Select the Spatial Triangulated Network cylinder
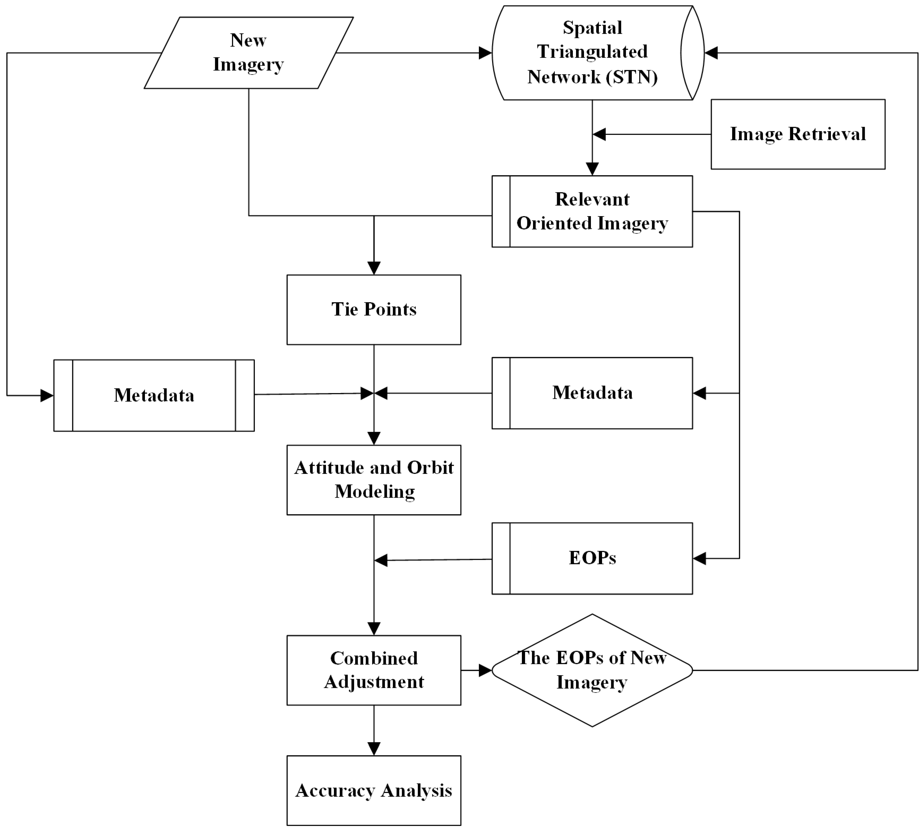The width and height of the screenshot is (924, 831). point(592,52)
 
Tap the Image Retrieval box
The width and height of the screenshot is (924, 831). point(798,134)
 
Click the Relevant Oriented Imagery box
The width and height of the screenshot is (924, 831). point(592,211)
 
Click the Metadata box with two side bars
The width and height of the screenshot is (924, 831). point(154,395)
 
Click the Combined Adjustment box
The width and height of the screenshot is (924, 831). point(374,670)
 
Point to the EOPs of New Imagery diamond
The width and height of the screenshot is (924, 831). point(592,670)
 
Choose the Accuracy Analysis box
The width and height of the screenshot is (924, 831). point(374,790)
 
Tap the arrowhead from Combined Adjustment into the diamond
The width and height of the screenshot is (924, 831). point(485,670)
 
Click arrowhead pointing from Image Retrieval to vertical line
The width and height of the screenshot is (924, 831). point(599,134)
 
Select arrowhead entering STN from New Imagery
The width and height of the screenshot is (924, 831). point(485,53)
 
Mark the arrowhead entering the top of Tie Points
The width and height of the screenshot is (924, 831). point(374,268)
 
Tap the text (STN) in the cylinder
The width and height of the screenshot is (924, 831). point(632,77)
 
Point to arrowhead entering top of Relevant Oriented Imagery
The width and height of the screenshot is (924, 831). point(592,169)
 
